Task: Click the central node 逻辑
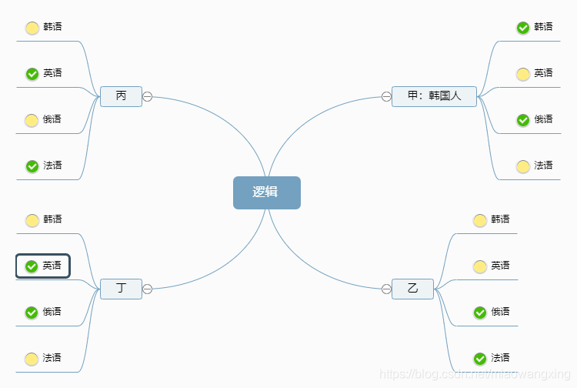tap(266, 192)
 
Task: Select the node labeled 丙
tap(122, 96)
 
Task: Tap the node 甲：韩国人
tap(434, 96)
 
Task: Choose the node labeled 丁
tap(122, 289)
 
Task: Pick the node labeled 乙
tap(412, 289)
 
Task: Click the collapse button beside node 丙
tap(147, 96)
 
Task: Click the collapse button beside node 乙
tap(386, 289)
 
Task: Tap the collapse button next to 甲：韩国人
tap(386, 96)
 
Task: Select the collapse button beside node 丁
tap(147, 289)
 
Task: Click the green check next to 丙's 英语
tap(32, 74)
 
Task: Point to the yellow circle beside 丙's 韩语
tap(32, 28)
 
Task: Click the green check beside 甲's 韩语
tap(523, 28)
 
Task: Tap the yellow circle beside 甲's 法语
tap(523, 166)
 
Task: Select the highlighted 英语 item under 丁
tap(43, 266)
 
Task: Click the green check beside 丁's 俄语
tap(32, 313)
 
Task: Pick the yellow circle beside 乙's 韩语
tap(480, 220)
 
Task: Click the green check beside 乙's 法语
tap(480, 359)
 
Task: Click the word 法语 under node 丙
tap(52, 166)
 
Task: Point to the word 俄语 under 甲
tap(543, 119)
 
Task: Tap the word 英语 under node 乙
tap(500, 266)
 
